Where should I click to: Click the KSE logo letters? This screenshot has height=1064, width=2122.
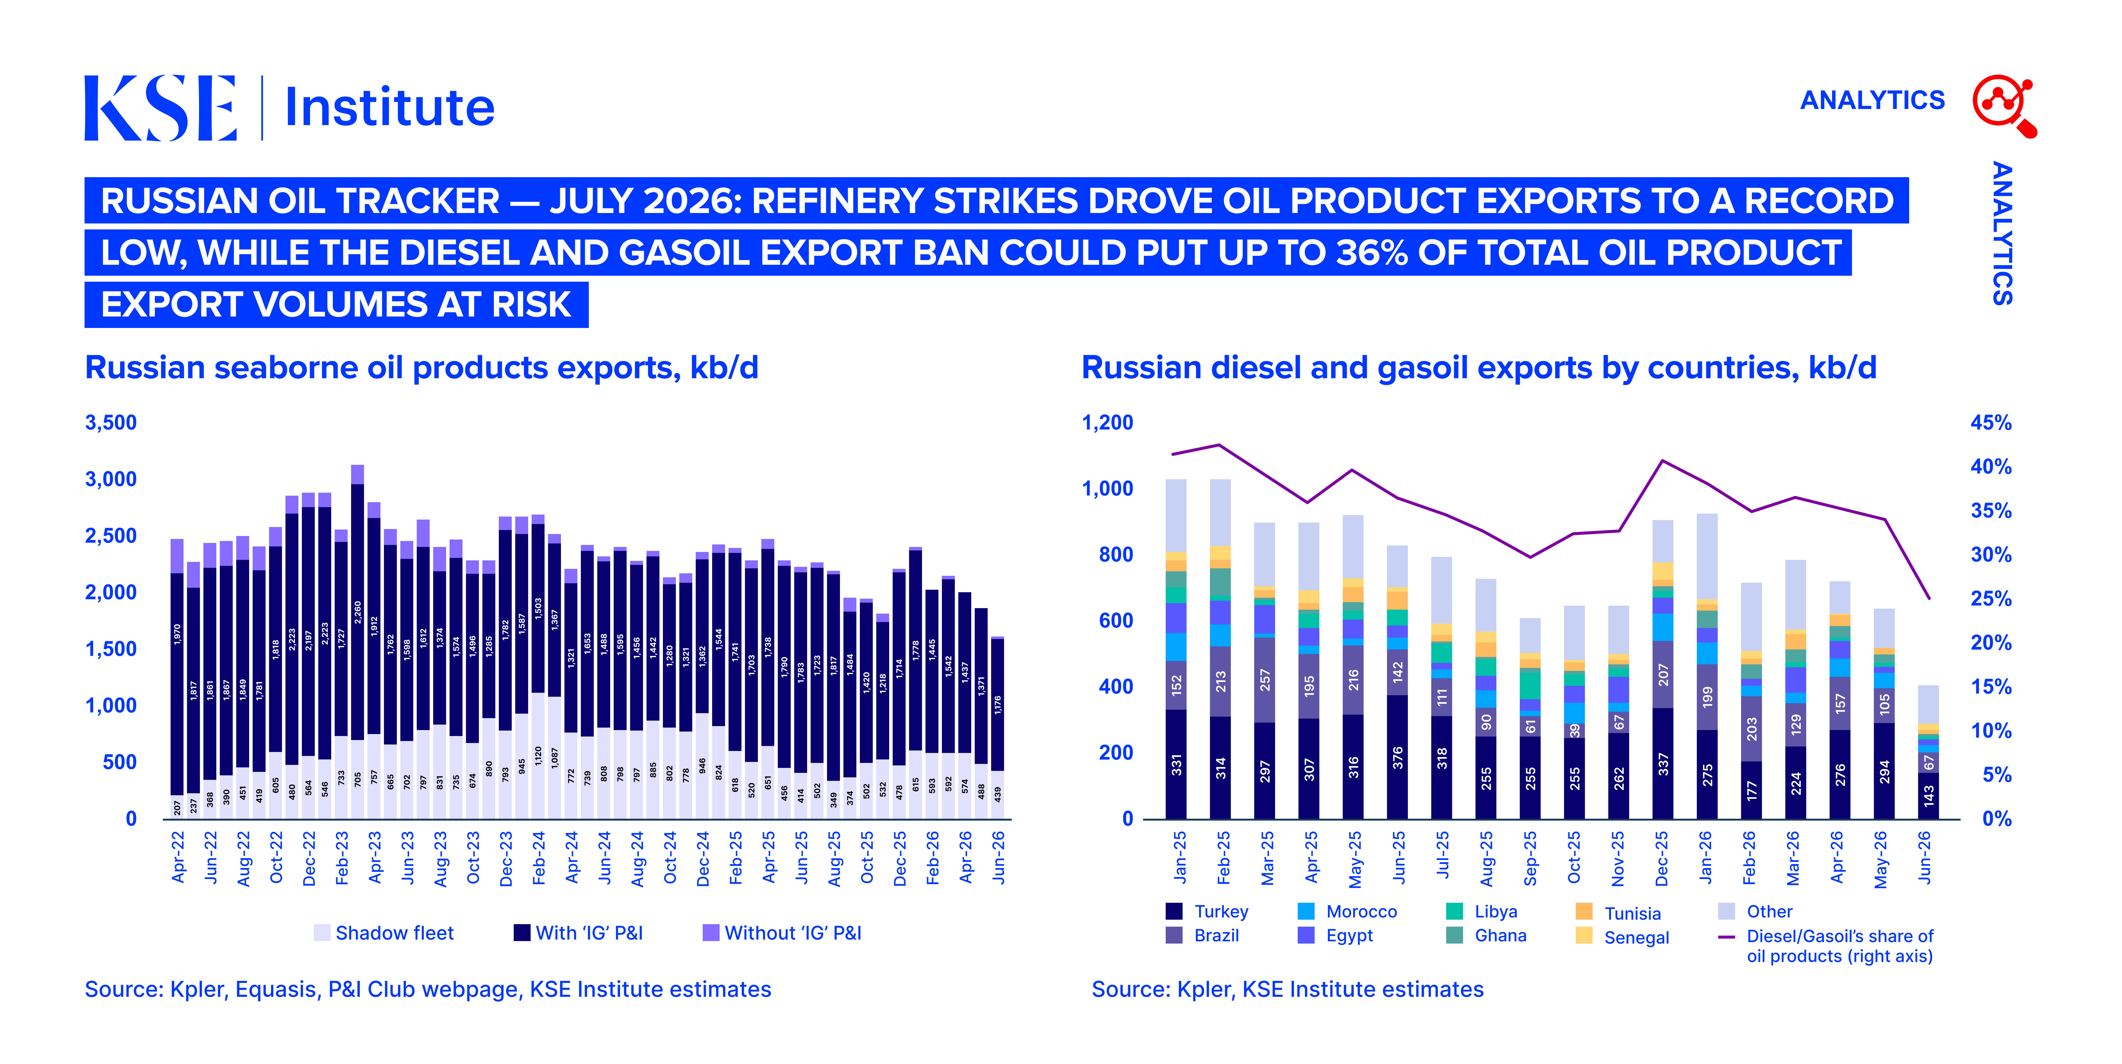[x=161, y=108]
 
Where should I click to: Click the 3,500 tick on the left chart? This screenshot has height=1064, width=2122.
[x=111, y=423]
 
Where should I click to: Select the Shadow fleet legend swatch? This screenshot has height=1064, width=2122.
[x=322, y=932]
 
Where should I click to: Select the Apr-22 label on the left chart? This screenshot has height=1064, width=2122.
[x=178, y=857]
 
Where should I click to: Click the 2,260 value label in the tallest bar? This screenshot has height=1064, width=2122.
[x=358, y=612]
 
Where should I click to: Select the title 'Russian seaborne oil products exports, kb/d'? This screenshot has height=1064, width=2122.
[x=422, y=368]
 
